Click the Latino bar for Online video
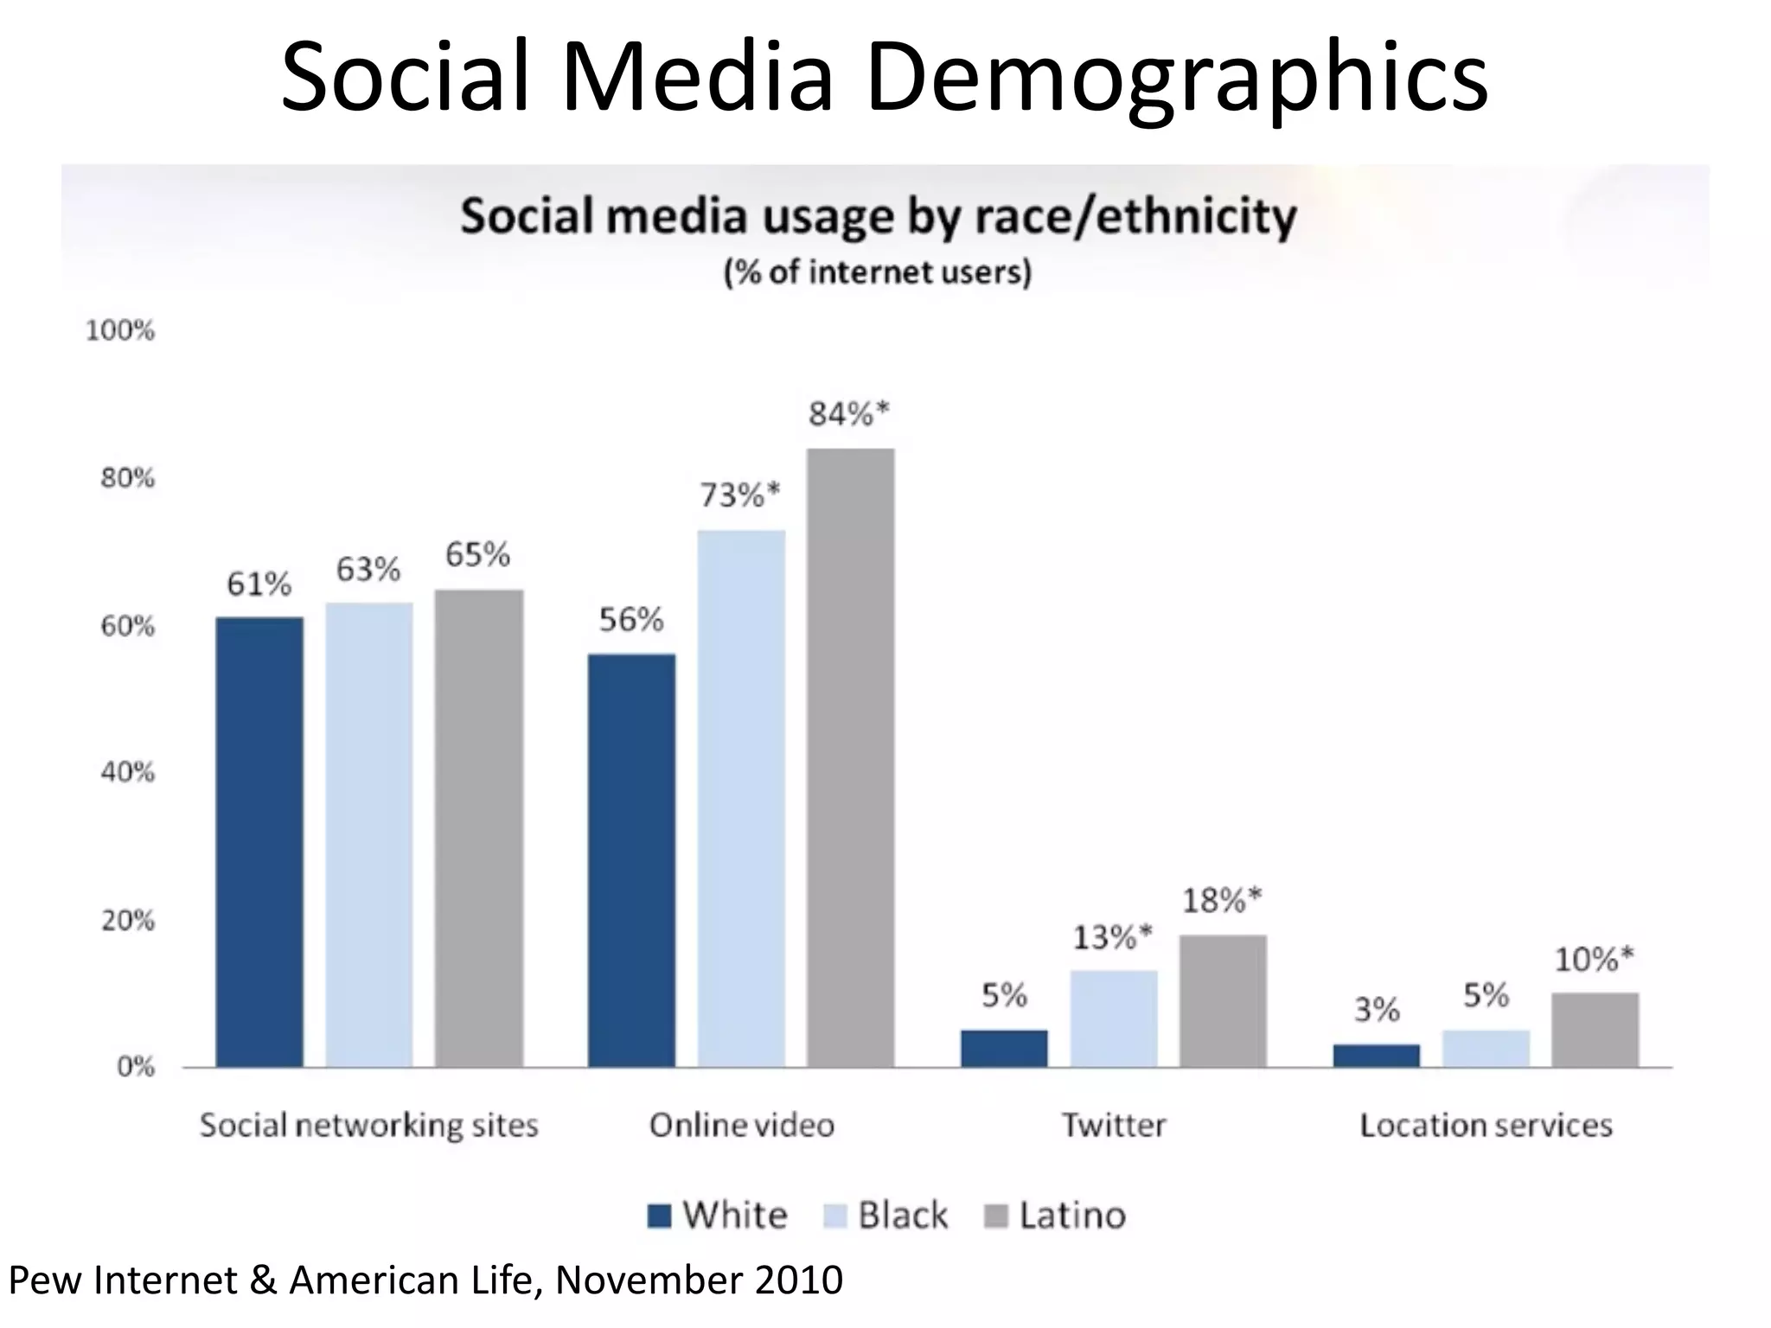(851, 757)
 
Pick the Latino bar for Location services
(1595, 1030)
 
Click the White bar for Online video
(631, 860)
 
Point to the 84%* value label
(848, 415)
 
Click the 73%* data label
(739, 495)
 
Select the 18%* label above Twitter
(1222, 901)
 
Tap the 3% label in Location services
(1377, 1009)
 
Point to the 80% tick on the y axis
(127, 478)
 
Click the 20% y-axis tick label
(127, 921)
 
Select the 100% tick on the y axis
(120, 330)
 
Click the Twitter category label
(1114, 1125)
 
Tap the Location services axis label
(1486, 1125)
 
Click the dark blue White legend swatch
(660, 1216)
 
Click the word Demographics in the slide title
(1176, 76)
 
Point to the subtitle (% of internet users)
(878, 272)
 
